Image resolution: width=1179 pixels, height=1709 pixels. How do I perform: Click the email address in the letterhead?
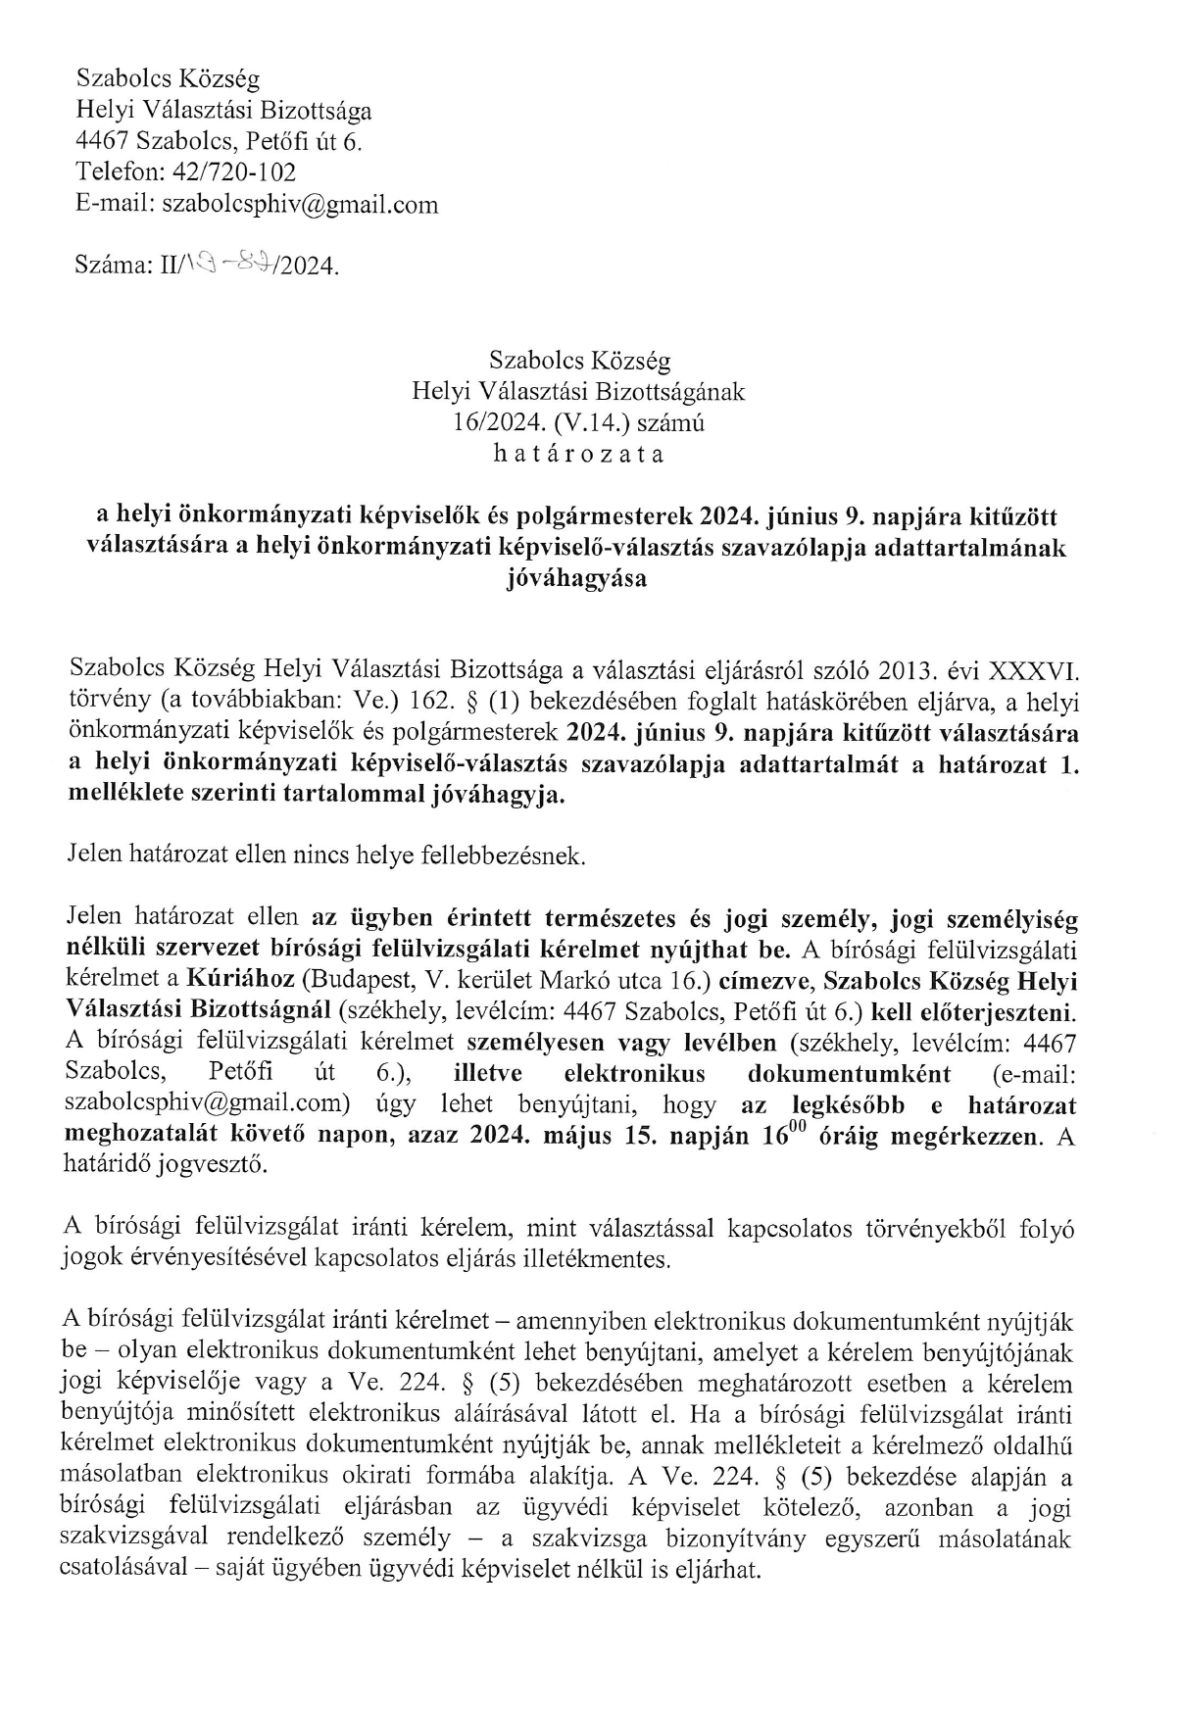[300, 204]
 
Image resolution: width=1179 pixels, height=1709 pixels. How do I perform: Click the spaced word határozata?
[578, 455]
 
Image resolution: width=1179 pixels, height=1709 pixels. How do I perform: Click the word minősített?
[231, 1414]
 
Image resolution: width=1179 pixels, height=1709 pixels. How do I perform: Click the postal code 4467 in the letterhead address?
[103, 141]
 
